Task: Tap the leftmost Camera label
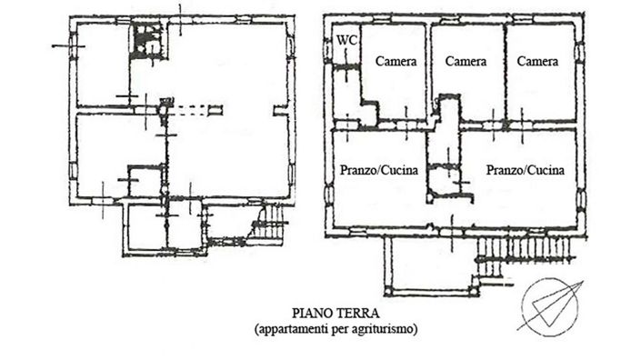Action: pyautogui.click(x=396, y=62)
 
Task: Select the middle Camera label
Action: pyautogui.click(x=466, y=62)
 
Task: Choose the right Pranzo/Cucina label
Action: pyautogui.click(x=525, y=170)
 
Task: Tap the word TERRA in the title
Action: pyautogui.click(x=355, y=311)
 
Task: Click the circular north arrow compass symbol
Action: pyautogui.click(x=549, y=302)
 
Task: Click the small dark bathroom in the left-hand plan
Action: pyautogui.click(x=146, y=42)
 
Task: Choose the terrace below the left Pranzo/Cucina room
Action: pyautogui.click(x=428, y=264)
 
